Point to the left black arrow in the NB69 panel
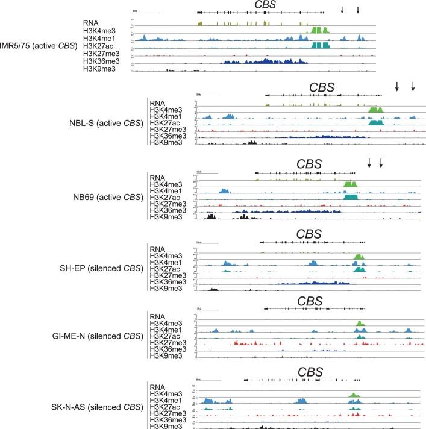pyautogui.click(x=369, y=163)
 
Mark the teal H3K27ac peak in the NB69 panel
pyautogui.click(x=350, y=197)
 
